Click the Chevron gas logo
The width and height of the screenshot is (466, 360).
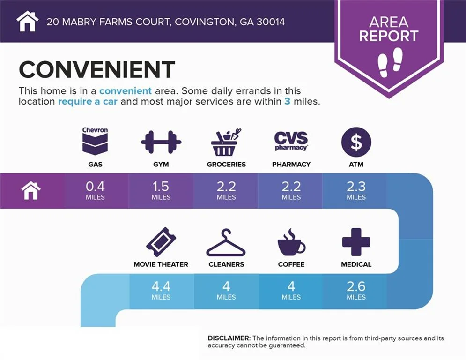click(95, 141)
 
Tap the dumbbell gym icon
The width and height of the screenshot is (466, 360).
click(161, 142)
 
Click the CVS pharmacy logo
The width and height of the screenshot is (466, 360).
click(291, 141)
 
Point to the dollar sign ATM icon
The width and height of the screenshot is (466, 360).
click(356, 142)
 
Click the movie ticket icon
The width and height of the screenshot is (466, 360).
click(161, 242)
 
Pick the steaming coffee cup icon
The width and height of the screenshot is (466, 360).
click(291, 242)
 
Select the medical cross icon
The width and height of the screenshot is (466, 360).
click(356, 242)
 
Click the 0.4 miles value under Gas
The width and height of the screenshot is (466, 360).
click(95, 190)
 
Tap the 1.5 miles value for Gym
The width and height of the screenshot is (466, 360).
click(161, 190)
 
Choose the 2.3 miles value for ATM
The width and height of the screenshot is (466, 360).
click(356, 190)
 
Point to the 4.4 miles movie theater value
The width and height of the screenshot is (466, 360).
click(161, 290)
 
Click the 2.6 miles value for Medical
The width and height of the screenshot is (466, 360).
click(356, 290)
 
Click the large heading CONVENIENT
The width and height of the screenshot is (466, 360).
click(97, 69)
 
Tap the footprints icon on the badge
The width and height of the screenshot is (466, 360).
click(390, 62)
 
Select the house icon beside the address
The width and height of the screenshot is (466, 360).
click(27, 21)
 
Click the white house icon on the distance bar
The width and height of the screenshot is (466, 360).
click(31, 191)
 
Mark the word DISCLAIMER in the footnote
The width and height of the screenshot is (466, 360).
click(229, 338)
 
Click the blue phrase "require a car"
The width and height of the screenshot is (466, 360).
click(88, 101)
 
